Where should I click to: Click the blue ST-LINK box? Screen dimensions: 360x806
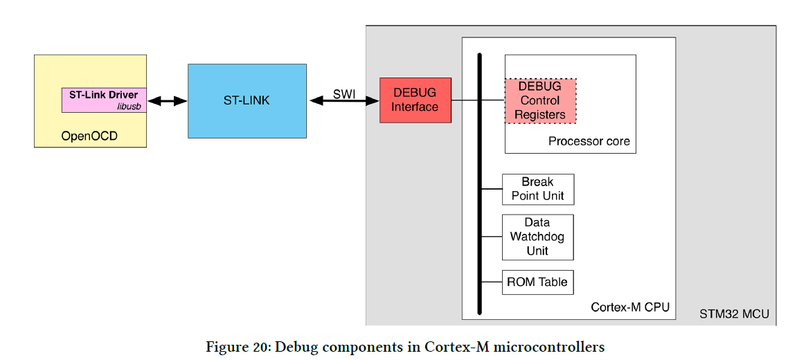(x=247, y=101)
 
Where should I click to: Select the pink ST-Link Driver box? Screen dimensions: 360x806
(x=104, y=100)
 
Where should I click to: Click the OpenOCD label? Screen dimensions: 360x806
(x=89, y=136)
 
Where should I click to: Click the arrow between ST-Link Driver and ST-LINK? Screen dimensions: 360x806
(x=167, y=101)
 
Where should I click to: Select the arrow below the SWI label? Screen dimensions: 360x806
(x=344, y=101)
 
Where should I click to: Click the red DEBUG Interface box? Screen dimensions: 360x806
(x=415, y=100)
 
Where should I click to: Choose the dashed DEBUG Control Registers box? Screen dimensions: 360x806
(x=540, y=100)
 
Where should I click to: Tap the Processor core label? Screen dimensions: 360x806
(x=589, y=141)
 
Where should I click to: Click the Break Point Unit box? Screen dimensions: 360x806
(x=538, y=189)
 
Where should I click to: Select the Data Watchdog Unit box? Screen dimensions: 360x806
(x=538, y=237)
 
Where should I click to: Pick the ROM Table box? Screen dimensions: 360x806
(x=538, y=282)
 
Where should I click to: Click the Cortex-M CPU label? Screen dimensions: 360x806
(x=629, y=307)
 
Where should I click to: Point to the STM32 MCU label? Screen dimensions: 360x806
(x=733, y=314)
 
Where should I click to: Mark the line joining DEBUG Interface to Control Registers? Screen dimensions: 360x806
(x=478, y=100)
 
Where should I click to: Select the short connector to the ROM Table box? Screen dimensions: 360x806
(x=492, y=282)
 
